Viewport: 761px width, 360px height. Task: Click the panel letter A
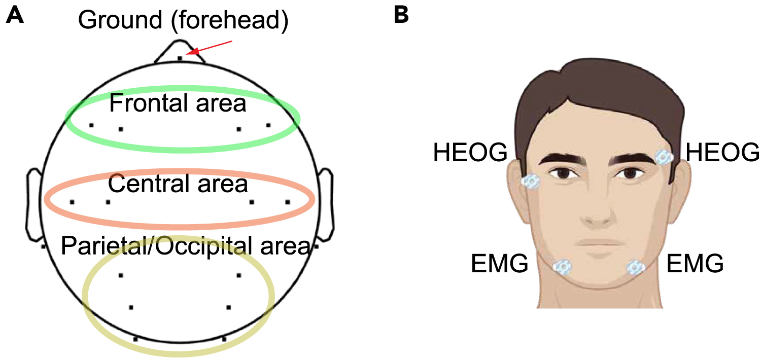coord(15,16)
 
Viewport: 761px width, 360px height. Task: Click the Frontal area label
coord(178,104)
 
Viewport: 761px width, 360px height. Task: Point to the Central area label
coord(178,184)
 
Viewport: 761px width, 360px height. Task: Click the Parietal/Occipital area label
coord(185,246)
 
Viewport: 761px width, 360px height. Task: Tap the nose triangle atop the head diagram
coord(180,51)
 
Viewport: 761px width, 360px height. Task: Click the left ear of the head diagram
coord(34,205)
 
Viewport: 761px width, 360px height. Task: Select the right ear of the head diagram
coord(325,205)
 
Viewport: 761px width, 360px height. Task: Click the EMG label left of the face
coord(500,264)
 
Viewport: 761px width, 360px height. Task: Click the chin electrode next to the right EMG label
coord(635,267)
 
